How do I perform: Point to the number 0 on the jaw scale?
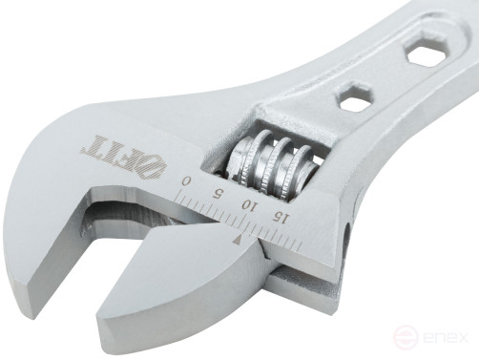[187, 181]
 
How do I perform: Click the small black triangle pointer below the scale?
[236, 242]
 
